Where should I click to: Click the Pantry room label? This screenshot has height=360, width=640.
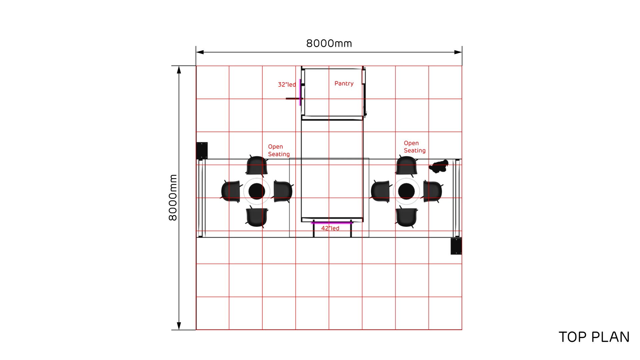coord(344,84)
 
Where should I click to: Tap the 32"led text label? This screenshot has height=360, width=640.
coord(287,85)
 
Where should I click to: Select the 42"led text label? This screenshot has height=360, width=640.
coord(330,228)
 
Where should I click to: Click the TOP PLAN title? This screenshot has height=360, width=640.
coord(594,337)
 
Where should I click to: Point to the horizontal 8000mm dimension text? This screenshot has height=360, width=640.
coord(329,43)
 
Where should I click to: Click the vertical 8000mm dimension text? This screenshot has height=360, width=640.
coord(173,198)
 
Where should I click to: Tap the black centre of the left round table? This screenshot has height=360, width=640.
coord(257,191)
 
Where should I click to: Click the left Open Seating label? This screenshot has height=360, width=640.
coord(279,150)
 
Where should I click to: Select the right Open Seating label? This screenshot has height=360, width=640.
coord(415,147)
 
